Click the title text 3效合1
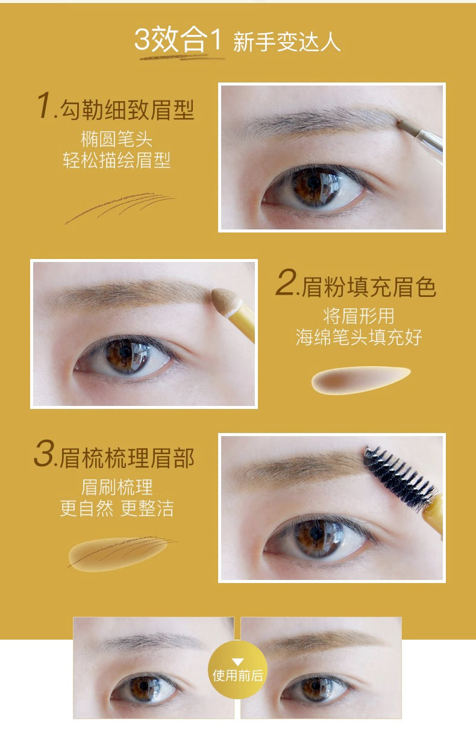pos(178,40)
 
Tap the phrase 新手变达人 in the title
pos(287,42)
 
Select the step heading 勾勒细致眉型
pos(127,110)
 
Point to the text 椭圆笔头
pos(117,139)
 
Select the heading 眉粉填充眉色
pos(369,287)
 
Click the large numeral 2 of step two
pos(286,282)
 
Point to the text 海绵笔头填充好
pos(359,337)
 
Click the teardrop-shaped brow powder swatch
pos(361,379)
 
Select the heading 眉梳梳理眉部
pos(127,458)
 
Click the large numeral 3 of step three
pos(45,453)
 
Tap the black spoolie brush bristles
pos(399,477)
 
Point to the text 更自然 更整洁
pos(117,508)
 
